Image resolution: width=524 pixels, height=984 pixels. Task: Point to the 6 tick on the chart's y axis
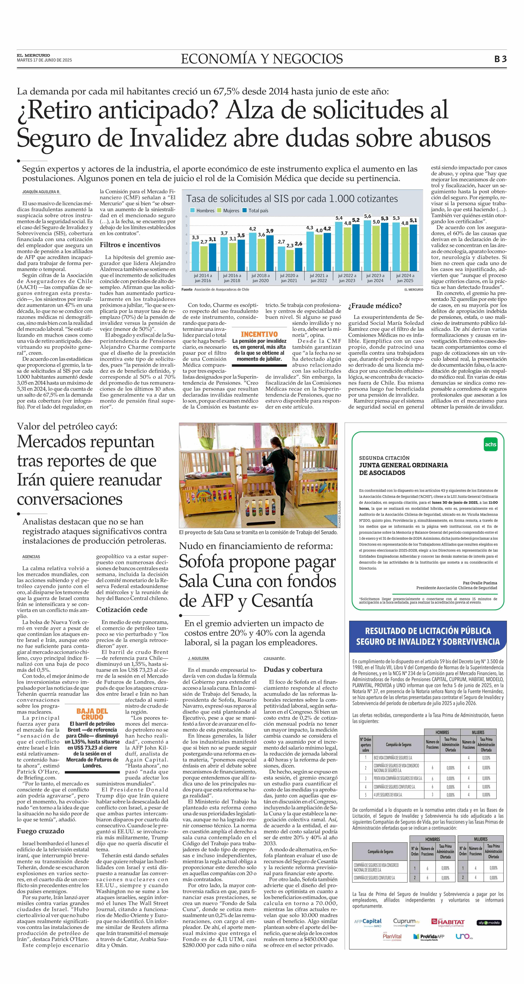point(186,217)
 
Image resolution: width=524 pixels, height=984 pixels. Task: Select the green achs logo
point(490,444)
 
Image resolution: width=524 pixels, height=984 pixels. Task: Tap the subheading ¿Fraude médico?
point(375,306)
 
